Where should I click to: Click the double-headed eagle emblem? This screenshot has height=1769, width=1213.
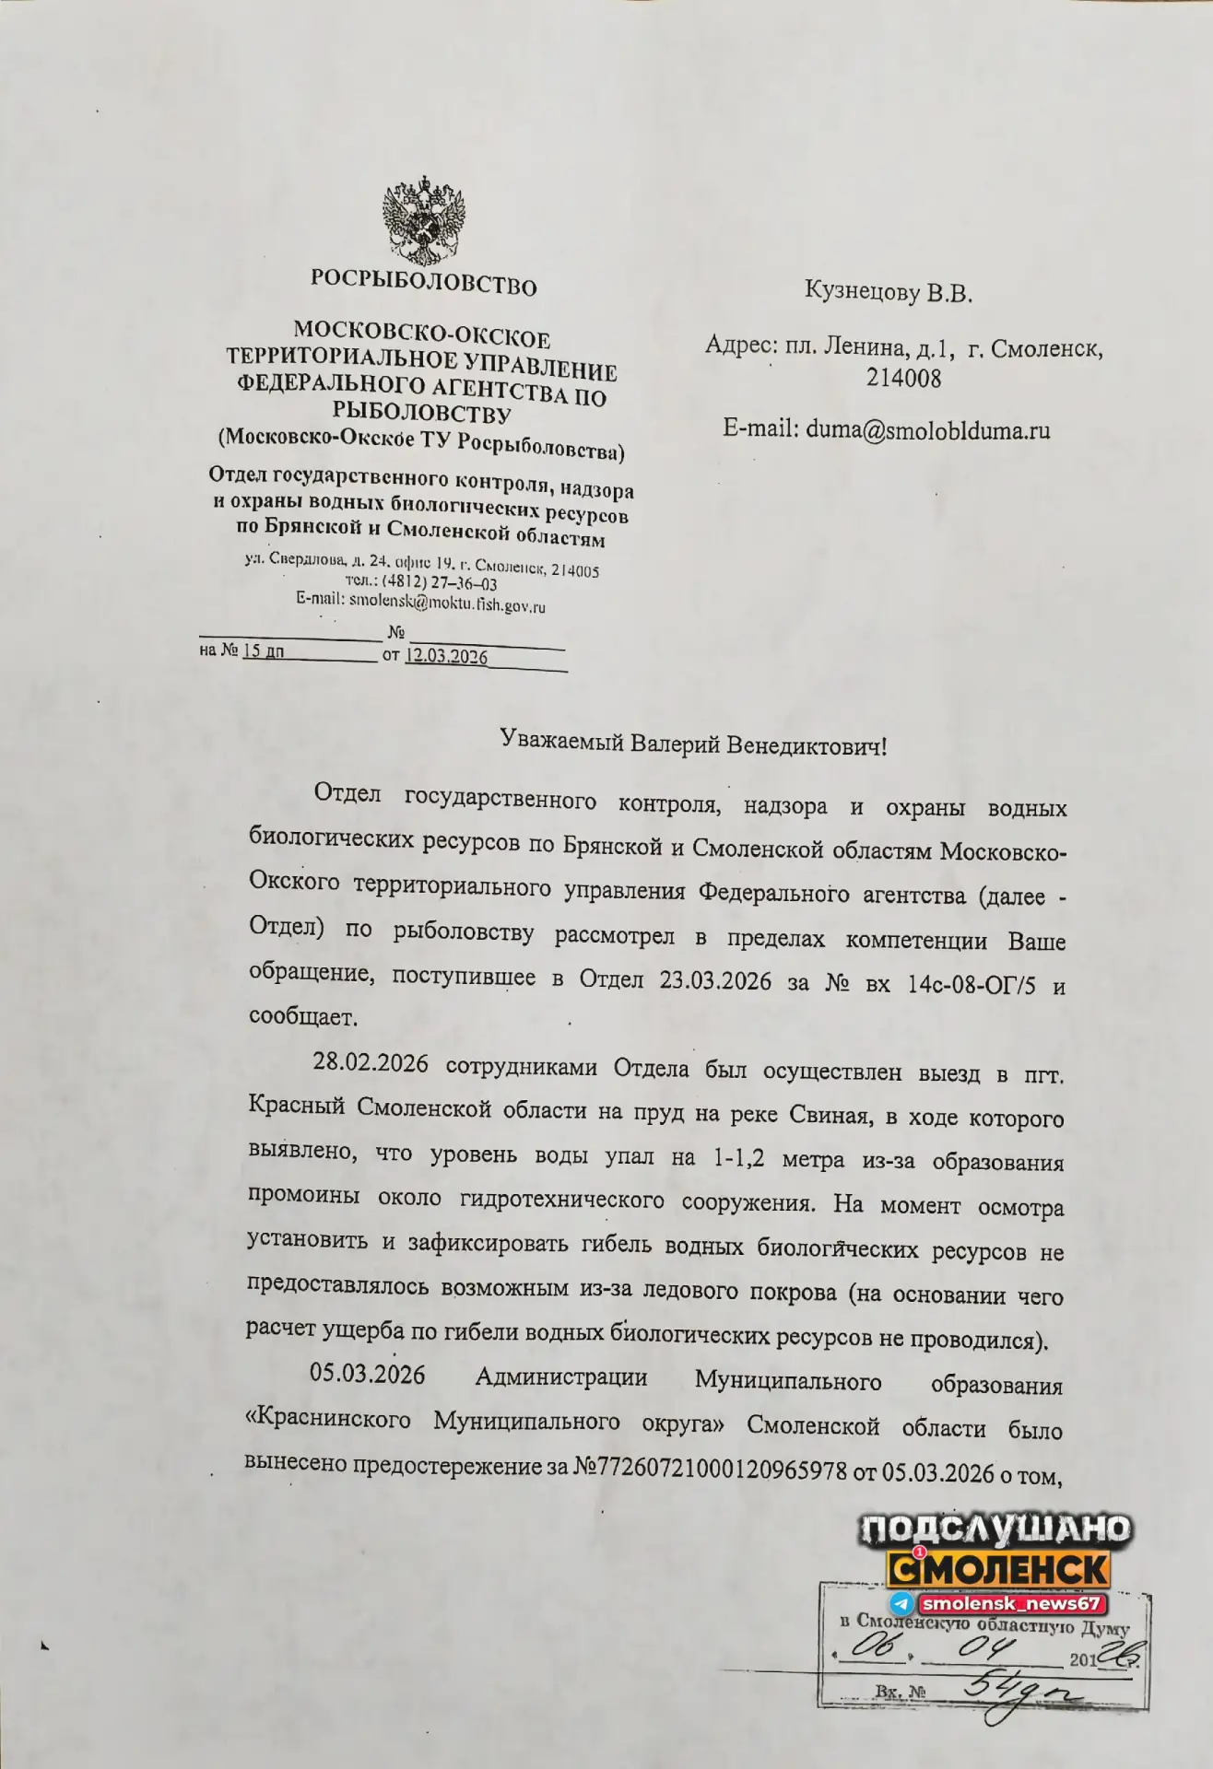[423, 220]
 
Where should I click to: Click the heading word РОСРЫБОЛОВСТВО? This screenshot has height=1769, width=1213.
[423, 281]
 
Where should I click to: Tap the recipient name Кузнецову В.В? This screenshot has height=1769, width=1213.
[888, 292]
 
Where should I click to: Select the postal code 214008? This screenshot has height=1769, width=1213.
[903, 378]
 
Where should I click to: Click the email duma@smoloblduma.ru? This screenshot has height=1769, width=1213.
[927, 429]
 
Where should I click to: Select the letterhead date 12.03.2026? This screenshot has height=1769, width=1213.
[447, 656]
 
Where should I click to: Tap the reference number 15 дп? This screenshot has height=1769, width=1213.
[263, 650]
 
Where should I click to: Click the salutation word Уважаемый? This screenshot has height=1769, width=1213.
[561, 740]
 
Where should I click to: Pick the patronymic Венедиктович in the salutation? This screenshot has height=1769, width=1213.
[806, 744]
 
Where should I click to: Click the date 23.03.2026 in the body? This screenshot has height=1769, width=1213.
[715, 980]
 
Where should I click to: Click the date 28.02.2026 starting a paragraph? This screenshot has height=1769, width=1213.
[371, 1062]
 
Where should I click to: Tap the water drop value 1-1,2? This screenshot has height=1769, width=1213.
[739, 1158]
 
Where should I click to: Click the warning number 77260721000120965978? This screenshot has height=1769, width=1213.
[723, 1470]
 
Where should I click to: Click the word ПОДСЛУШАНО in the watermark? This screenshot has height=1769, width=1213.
[996, 1529]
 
